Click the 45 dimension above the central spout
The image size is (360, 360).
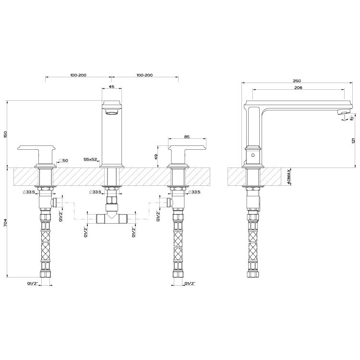[111, 87]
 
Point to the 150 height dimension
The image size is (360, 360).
[6, 134]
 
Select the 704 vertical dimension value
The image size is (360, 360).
[6, 223]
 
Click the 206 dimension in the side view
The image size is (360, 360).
[298, 88]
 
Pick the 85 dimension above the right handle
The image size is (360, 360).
[186, 137]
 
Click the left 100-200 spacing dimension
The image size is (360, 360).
[78, 75]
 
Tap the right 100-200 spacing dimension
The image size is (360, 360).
[144, 75]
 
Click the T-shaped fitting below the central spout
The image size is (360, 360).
[111, 218]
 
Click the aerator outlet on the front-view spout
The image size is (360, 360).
[111, 113]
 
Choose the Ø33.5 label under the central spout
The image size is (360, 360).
[96, 192]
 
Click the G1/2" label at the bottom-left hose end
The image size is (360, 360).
[33, 284]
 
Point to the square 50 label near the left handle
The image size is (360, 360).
[63, 160]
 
